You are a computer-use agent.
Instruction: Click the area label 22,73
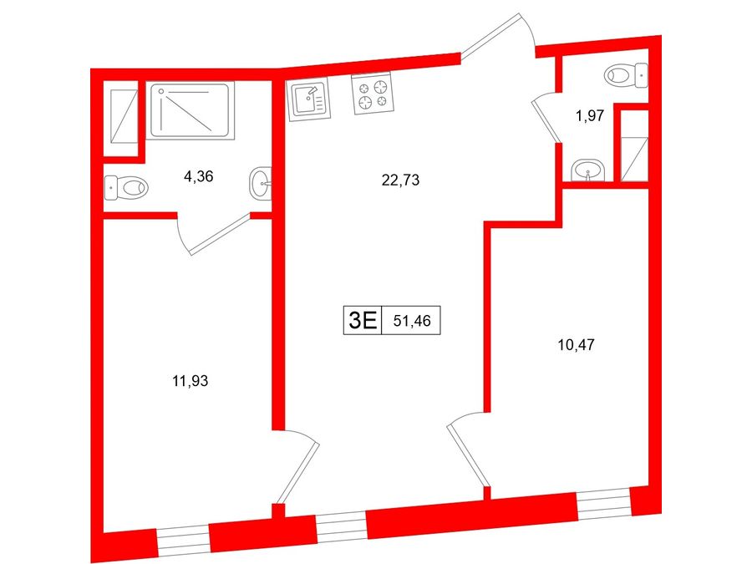point(400,180)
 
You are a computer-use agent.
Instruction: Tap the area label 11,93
point(191,381)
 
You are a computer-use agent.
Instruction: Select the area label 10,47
point(577,345)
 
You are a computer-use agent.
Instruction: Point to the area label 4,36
point(198,177)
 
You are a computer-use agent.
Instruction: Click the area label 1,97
point(590,116)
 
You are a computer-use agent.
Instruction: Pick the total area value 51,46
point(411,321)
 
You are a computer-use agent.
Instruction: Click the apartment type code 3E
point(363,320)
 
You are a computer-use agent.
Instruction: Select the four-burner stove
point(373,94)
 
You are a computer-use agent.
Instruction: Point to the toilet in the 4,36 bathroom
point(126,187)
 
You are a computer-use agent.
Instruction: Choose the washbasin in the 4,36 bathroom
point(261,182)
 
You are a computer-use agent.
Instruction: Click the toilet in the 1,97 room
point(626,76)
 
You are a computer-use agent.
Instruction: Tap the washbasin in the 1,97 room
point(588,170)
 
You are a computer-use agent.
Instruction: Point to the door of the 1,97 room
point(546,119)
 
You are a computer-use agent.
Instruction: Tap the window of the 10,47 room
point(604,503)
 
